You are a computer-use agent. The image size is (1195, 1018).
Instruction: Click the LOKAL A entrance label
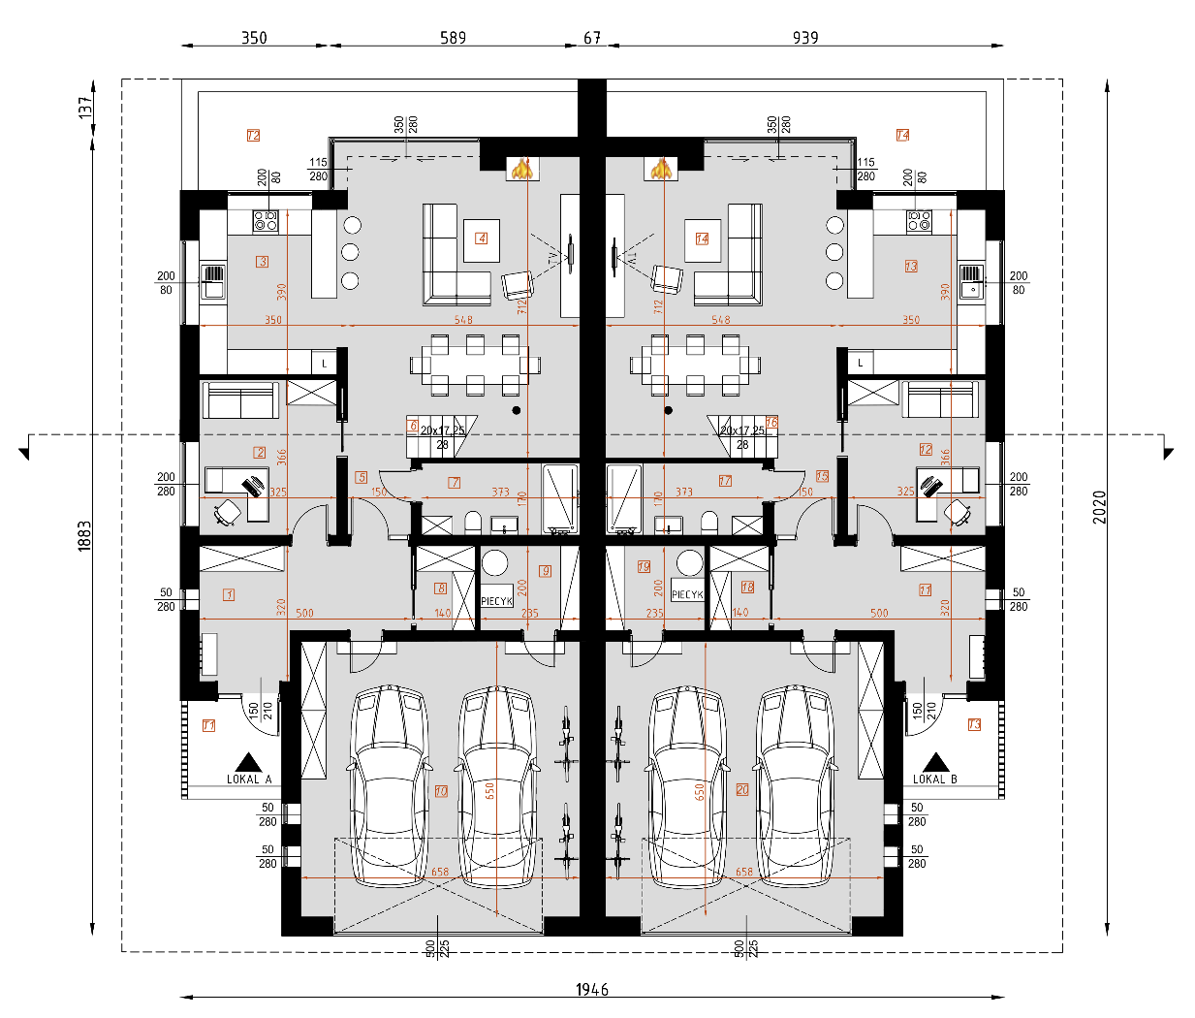(x=248, y=779)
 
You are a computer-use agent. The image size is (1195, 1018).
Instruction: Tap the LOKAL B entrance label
(x=934, y=779)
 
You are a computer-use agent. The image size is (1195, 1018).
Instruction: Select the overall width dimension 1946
(x=592, y=989)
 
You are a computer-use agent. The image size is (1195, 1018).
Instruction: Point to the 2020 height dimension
(x=1099, y=507)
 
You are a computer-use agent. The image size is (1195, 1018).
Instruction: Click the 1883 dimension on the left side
(x=84, y=536)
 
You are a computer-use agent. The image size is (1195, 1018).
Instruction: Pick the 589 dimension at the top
(x=453, y=38)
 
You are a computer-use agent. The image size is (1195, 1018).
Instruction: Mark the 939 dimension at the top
(x=804, y=38)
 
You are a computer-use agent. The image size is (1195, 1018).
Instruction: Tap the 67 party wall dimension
(x=592, y=38)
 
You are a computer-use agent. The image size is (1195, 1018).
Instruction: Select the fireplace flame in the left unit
(x=522, y=169)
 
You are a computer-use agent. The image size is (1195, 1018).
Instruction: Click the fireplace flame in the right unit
(x=662, y=169)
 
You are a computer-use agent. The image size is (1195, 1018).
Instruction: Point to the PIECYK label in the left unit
(x=496, y=600)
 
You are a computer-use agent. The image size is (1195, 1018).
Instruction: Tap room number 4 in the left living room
(x=481, y=238)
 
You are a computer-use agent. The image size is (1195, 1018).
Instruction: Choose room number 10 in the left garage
(x=441, y=791)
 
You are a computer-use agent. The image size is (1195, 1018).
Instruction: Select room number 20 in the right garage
(x=742, y=789)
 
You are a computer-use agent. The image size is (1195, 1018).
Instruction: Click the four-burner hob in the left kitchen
(x=265, y=221)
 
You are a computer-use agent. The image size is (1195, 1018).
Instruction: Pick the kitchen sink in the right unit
(x=970, y=281)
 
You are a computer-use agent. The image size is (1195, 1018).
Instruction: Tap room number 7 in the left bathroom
(x=454, y=482)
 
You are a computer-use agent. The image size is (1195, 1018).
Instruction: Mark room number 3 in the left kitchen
(x=262, y=261)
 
